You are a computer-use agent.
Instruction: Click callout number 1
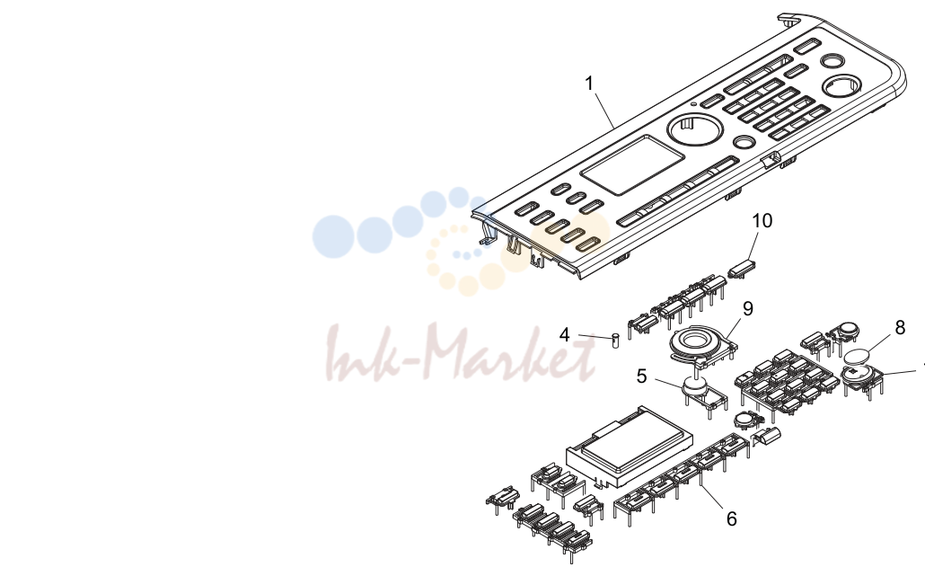coord(589,84)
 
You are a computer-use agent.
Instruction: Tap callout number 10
coord(762,221)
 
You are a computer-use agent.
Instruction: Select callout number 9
coord(748,308)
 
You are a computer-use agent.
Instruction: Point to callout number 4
coord(565,335)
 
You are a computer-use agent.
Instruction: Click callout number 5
coord(642,376)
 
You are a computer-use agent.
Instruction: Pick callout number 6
coord(732,518)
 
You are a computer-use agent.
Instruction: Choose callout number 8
coord(900,327)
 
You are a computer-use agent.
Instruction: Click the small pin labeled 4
coord(615,341)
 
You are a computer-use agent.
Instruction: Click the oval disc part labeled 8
coord(858,357)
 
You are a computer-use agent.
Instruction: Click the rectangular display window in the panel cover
coord(632,164)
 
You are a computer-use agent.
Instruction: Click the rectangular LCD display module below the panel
coord(629,447)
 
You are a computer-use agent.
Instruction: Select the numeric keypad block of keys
coord(786,382)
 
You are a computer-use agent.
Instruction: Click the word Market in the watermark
coord(510,352)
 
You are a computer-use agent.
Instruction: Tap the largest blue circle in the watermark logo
coord(333,236)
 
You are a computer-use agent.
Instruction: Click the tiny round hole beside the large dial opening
coord(693,104)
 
